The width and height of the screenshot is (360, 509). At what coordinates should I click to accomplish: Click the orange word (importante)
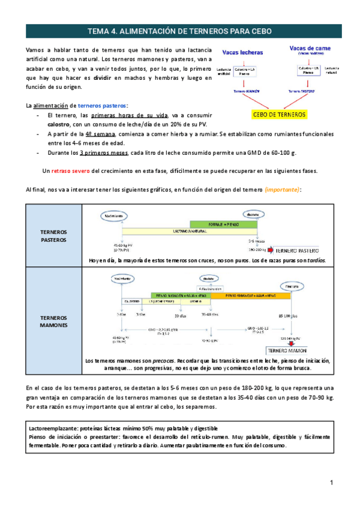pyautogui.click(x=282, y=189)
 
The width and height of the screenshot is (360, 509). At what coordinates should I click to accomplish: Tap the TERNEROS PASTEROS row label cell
pyautogui.click(x=53, y=235)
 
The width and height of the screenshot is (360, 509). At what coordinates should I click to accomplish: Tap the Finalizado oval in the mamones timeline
pyautogui.click(x=292, y=287)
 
